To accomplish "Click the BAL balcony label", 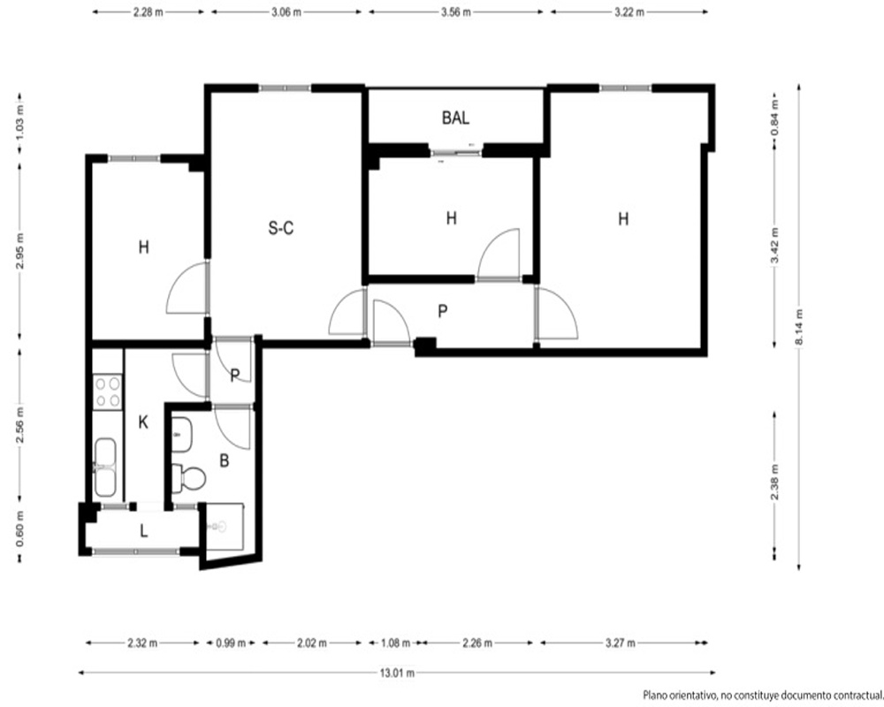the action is click(455, 118).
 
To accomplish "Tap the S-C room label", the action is click(281, 228).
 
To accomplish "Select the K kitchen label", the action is click(143, 422).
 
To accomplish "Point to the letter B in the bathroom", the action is click(224, 460).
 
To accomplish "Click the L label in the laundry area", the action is click(144, 530).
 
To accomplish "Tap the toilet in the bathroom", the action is click(188, 478).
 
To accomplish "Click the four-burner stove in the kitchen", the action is click(107, 392).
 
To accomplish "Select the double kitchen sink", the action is click(106, 468).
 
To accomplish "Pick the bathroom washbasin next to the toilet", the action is click(181, 435).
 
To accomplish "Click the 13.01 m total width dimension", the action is click(397, 673).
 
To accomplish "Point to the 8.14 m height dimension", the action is click(799, 327).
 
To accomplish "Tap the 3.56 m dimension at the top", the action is click(455, 12).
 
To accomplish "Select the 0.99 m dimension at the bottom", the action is click(230, 642).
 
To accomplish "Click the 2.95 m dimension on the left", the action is click(20, 251).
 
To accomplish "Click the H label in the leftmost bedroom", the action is click(144, 247).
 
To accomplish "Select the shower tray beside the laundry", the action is click(225, 527).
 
